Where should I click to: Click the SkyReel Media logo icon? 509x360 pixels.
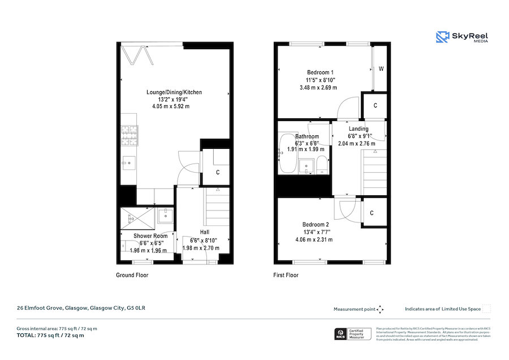tap(442, 37)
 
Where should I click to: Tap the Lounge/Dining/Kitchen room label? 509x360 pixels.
tap(174, 92)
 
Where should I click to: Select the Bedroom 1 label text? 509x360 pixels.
tap(320, 72)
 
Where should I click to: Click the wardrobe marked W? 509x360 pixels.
tap(381, 68)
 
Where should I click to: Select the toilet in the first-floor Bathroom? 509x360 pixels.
tap(321, 165)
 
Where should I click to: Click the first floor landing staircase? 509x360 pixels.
tap(373, 170)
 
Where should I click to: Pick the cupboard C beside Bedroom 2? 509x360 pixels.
tap(371, 213)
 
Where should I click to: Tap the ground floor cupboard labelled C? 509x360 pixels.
tap(217, 173)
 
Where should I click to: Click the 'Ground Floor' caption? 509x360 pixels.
tap(132, 275)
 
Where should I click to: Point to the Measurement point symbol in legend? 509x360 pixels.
tap(380, 309)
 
